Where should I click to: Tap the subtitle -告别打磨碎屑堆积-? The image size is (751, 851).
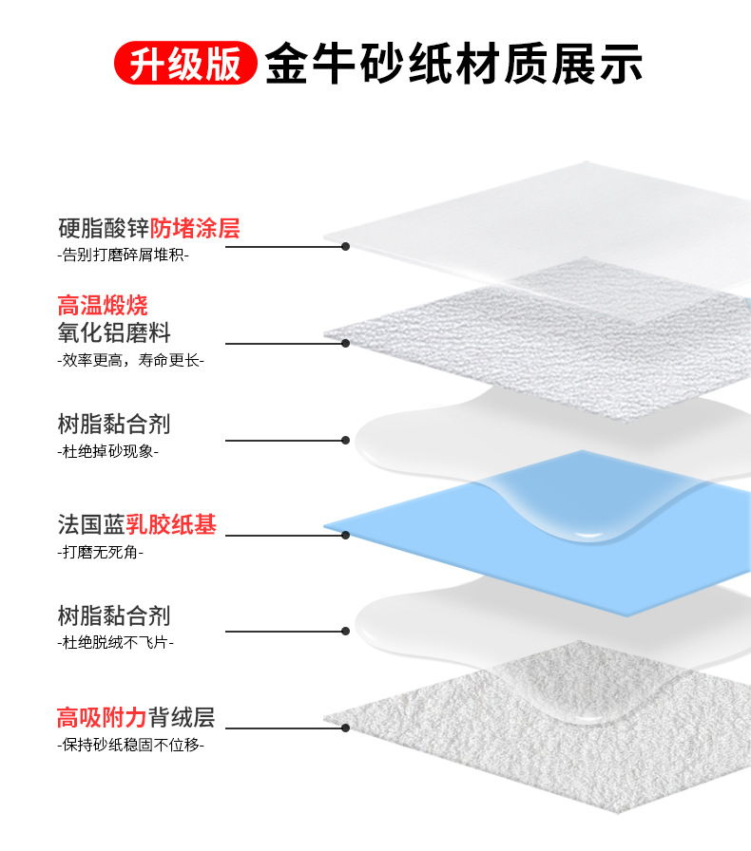[x=123, y=255]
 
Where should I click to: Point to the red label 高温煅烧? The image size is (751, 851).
[x=103, y=306]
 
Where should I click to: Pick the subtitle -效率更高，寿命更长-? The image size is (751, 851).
[x=130, y=360]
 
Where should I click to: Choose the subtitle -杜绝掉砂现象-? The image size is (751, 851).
[x=107, y=451]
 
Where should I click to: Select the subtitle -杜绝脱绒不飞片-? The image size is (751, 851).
[x=115, y=643]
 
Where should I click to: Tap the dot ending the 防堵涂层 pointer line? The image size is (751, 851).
[x=346, y=247]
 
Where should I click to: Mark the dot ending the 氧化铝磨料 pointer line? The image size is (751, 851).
[x=346, y=343]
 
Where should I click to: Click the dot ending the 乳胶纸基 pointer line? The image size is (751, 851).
[x=346, y=535]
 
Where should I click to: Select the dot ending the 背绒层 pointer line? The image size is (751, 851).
[x=346, y=728]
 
